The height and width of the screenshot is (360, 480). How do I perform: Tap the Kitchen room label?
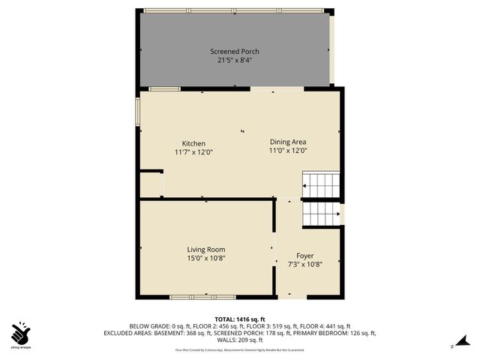[x=193, y=143]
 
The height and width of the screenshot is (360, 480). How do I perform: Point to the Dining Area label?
[x=288, y=141]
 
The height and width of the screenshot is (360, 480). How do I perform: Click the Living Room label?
[x=205, y=250]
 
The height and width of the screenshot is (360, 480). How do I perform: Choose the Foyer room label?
[x=304, y=255]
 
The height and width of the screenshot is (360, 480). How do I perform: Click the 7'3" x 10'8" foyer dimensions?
[x=304, y=264]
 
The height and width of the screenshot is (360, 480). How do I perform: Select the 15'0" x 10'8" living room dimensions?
[x=205, y=258]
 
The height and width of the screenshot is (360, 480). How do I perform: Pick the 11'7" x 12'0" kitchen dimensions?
[x=193, y=151]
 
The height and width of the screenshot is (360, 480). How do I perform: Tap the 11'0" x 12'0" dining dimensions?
[x=288, y=150]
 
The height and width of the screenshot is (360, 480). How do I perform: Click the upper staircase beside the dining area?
[x=320, y=184]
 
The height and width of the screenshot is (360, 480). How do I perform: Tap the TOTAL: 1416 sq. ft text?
[x=240, y=319]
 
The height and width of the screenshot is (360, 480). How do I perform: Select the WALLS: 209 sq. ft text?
[x=239, y=340]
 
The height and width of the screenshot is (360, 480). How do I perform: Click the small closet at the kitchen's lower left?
[x=151, y=184]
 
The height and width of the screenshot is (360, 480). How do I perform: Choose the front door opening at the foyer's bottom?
[x=306, y=297]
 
